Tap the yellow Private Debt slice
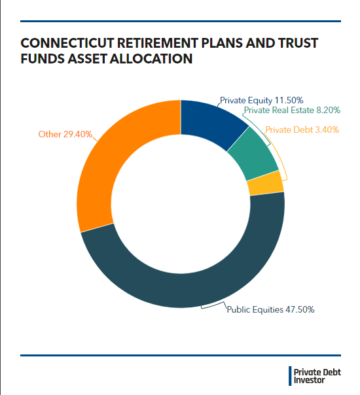click(x=265, y=184)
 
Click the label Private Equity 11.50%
click(x=261, y=100)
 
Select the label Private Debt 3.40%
click(x=302, y=129)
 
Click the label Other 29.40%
click(x=65, y=135)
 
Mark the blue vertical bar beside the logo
click(x=290, y=375)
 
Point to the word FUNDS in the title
click(x=41, y=59)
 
